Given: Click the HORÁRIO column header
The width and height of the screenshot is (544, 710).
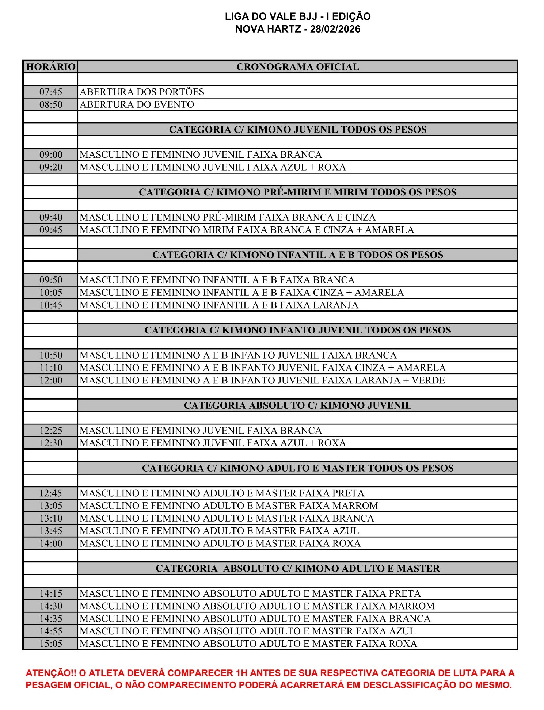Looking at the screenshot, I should (51, 67).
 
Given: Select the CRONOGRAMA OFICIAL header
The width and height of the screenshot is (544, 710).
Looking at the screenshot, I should (297, 67).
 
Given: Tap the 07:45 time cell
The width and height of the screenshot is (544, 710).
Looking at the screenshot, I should (51, 92).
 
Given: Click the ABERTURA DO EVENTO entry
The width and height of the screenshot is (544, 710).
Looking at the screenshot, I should (137, 104).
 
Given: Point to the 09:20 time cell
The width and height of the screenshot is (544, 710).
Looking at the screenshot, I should (51, 167).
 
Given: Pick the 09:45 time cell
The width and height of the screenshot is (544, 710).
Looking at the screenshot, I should (51, 230).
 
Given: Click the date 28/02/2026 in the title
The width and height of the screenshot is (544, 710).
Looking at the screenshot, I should (335, 29).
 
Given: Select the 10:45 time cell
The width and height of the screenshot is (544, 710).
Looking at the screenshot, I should (51, 305).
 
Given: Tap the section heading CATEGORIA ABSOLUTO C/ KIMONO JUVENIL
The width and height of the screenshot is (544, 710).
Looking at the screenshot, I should (297, 405).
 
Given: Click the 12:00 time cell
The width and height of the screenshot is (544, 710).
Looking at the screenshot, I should (51, 380).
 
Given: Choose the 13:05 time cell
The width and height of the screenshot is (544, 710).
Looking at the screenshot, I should (51, 506).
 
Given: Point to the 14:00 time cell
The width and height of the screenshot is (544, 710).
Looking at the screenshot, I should (51, 543).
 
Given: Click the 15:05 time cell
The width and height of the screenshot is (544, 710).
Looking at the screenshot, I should (51, 644).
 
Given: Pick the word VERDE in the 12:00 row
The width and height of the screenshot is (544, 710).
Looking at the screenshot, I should (428, 380).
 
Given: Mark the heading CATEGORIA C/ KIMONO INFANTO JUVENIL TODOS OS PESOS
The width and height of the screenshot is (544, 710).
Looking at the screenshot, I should (297, 330).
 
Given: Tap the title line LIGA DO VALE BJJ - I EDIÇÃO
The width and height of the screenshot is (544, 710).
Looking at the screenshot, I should (297, 16).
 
